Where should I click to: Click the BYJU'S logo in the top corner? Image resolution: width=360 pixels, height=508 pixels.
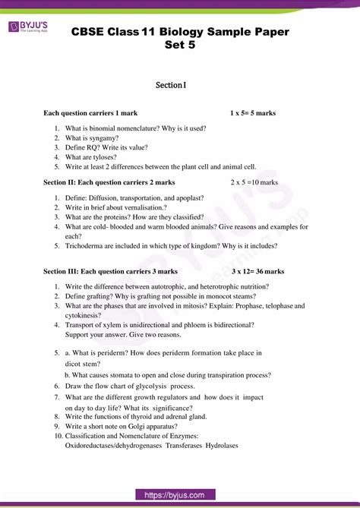(29, 29)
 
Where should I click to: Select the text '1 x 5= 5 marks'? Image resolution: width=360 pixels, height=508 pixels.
(253, 113)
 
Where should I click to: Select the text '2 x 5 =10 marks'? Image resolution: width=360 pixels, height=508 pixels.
(255, 182)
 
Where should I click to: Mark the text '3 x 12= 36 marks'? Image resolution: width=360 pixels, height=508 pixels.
(258, 270)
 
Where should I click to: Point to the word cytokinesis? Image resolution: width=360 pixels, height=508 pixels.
(84, 314)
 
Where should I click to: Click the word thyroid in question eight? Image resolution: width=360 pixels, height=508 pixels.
(134, 416)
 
